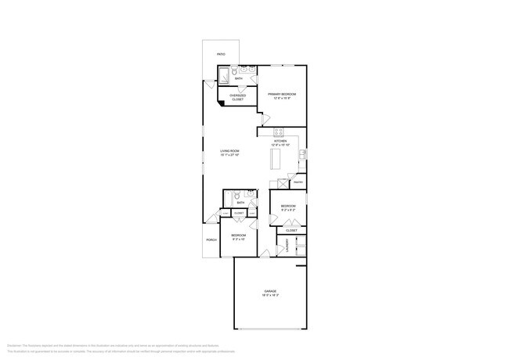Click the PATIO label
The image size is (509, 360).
pyautogui.click(x=221, y=54)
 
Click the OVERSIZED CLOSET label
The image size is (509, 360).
pyautogui.click(x=237, y=98)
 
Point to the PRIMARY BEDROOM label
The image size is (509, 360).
pyautogui.click(x=281, y=93)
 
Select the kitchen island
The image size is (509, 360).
pyautogui.click(x=276, y=159)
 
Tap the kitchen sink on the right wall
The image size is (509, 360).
pyautogui.click(x=302, y=154)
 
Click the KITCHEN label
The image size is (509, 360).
pyautogui.click(x=280, y=142)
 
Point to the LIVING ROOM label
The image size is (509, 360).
pyautogui.click(x=229, y=151)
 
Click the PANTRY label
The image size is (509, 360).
pyautogui.click(x=298, y=182)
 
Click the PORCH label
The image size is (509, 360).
pyautogui.click(x=211, y=239)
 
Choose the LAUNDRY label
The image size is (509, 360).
pyautogui.click(x=287, y=247)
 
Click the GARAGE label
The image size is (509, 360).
pyautogui.click(x=269, y=291)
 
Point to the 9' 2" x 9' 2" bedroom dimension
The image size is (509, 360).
pyautogui.click(x=287, y=210)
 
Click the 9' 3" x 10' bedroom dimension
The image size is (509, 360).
pyautogui.click(x=238, y=239)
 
